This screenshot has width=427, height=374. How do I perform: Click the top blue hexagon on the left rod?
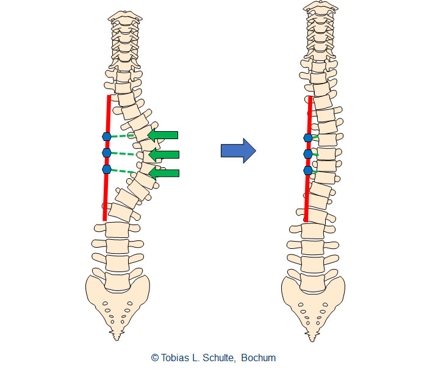[x=107, y=137]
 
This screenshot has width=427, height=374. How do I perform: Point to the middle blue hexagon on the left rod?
[x=107, y=152]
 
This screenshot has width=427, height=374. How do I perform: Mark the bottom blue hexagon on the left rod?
[x=107, y=169]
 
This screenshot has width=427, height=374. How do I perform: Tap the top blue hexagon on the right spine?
[x=308, y=138]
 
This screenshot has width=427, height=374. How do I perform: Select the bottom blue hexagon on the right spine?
[x=308, y=171]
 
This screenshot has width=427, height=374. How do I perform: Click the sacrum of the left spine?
[x=116, y=299]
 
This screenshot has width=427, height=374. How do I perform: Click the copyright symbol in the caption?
[x=154, y=358]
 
